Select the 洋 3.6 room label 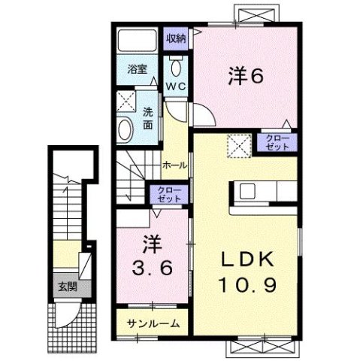pyautogui.click(x=147, y=257)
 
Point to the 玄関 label pyautogui.click(x=65, y=286)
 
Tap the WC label pyautogui.click(x=177, y=87)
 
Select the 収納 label pyautogui.click(x=176, y=38)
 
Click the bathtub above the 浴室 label pyautogui.click(x=138, y=41)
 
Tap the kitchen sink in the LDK pyautogui.click(x=249, y=192)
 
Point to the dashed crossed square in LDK pyautogui.click(x=239, y=143)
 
